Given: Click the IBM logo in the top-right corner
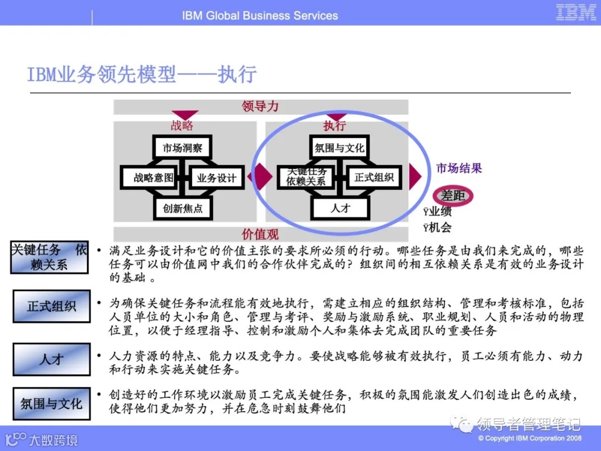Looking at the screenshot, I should click(576, 13).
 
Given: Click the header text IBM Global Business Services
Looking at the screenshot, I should click(260, 16).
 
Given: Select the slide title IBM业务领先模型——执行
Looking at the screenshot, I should click(142, 74).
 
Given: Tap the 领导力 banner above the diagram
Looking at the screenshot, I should click(260, 106).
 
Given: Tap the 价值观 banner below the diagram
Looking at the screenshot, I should click(260, 234).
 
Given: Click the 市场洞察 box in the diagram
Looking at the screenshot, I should click(182, 148).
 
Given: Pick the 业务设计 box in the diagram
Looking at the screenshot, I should click(216, 178).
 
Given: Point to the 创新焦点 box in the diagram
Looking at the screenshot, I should click(183, 209).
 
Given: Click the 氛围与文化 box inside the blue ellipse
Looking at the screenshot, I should click(339, 148).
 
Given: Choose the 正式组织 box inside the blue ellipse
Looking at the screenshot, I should click(374, 178).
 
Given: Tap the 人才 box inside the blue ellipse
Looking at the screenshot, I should click(341, 209).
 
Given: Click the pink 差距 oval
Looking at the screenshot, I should click(453, 195).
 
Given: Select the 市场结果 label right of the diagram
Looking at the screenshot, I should click(459, 168).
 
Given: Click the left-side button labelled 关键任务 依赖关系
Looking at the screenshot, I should click(50, 257).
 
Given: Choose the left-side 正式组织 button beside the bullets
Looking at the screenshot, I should click(51, 306).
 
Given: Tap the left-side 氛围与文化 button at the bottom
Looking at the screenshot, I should click(51, 404).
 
